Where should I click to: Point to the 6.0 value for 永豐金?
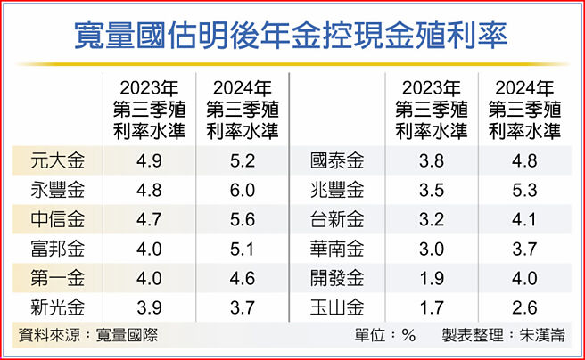242,190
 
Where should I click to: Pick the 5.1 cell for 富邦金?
242,247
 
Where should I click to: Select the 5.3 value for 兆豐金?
525,190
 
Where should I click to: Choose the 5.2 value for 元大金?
242,162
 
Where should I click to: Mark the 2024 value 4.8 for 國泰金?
525,162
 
